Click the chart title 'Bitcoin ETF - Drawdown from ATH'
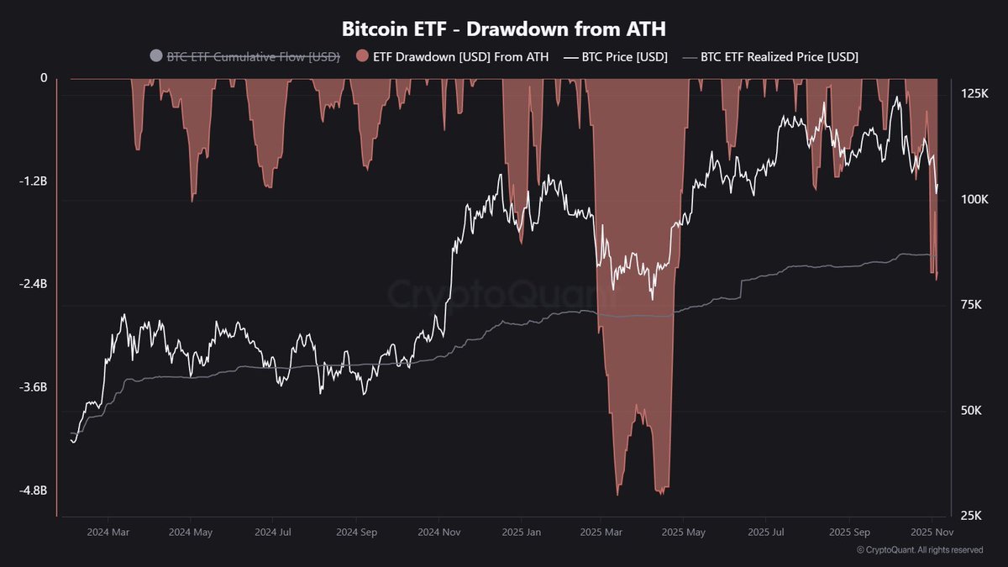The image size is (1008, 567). [x=503, y=29]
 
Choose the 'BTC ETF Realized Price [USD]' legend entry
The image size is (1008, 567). [x=779, y=56]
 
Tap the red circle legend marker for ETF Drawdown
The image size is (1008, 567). [x=362, y=56]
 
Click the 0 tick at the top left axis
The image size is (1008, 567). [x=44, y=78]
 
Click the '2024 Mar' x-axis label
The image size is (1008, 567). [x=109, y=533]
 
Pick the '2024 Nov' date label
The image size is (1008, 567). [x=439, y=533]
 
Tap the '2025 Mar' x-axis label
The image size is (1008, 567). [x=602, y=533]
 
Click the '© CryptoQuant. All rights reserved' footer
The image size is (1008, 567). [x=920, y=550]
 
